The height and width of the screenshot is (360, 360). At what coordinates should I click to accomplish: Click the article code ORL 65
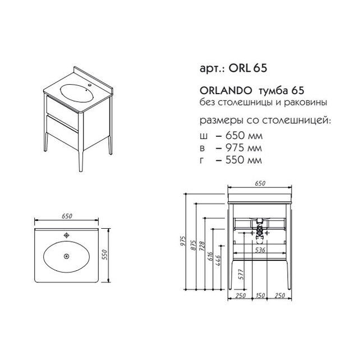pyautogui.click(x=248, y=68)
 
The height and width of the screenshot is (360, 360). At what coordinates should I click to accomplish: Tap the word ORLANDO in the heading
pyautogui.click(x=225, y=91)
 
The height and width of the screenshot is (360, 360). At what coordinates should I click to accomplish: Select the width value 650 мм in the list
pyautogui.click(x=244, y=136)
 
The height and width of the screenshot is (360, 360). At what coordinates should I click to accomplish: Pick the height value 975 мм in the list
pyautogui.click(x=243, y=147)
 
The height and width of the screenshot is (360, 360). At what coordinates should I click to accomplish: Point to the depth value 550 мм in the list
pyautogui.click(x=243, y=160)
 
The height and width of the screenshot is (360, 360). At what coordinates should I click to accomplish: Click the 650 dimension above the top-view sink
pyautogui.click(x=67, y=216)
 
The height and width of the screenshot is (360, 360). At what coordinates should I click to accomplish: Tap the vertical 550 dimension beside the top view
pyautogui.click(x=104, y=255)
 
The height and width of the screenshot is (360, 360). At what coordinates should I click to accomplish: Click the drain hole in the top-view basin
pyautogui.click(x=67, y=256)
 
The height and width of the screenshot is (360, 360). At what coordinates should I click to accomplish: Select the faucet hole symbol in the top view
pyautogui.click(x=67, y=235)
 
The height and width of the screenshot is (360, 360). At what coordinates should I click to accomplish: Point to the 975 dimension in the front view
pyautogui.click(x=183, y=241)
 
